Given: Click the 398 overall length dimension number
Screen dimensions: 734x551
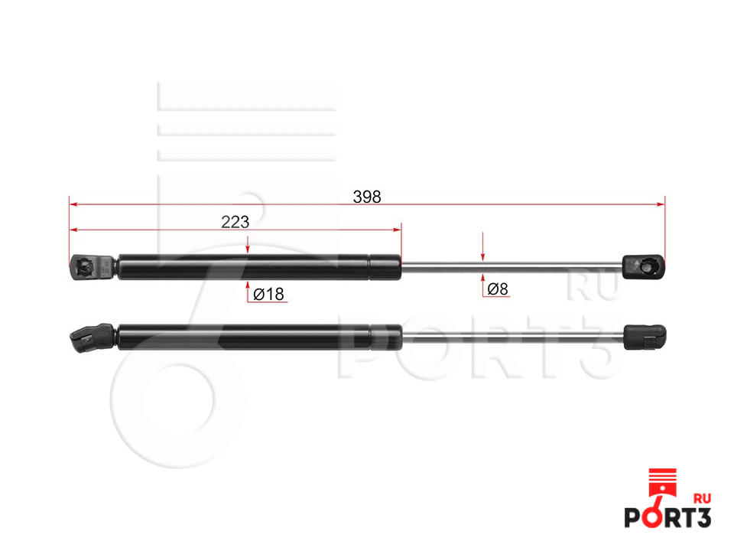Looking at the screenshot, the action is [366, 197].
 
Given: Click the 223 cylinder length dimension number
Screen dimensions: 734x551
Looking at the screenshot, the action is [235, 222].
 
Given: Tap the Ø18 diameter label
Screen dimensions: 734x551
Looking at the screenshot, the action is [268, 294].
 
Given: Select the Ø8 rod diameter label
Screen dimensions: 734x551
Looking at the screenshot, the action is [497, 289].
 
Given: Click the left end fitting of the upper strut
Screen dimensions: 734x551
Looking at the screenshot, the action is [93, 268].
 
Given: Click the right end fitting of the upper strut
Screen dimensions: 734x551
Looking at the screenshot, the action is [643, 266].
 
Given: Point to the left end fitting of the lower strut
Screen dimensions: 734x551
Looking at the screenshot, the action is [93, 337].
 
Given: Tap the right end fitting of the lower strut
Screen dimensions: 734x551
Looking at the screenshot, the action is [645, 337].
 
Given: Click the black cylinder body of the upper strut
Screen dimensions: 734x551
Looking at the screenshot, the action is [259, 267].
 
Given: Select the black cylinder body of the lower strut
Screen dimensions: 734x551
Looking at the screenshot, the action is [260, 337].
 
